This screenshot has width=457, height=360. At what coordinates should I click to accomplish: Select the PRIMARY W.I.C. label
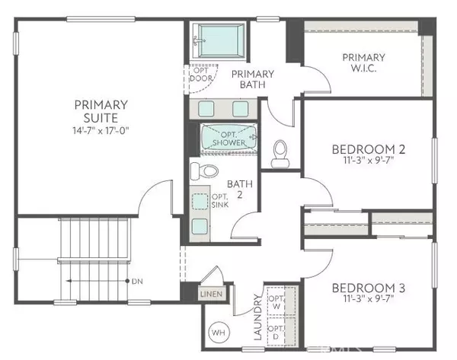(363, 62)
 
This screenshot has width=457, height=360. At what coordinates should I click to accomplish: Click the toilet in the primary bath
(280, 151)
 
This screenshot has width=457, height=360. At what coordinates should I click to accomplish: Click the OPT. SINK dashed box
(200, 202)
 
